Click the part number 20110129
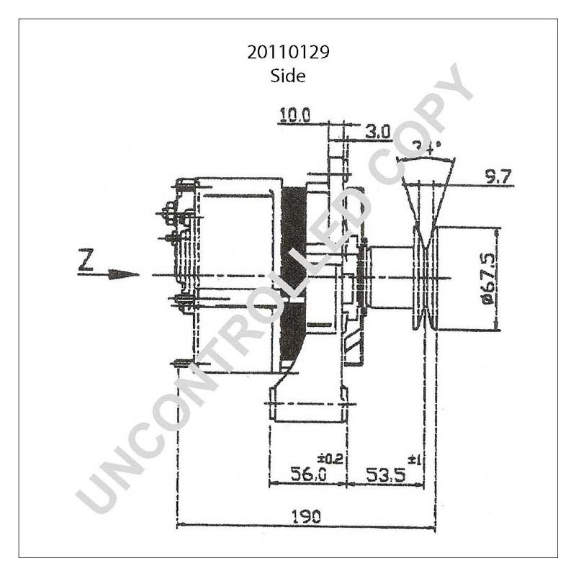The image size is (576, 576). pos(288,53)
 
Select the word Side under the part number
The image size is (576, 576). pos(288,75)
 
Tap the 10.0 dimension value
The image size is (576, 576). pos(295,115)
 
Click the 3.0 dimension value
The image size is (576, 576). pos(377,132)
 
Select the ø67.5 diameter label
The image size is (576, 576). pos(487,279)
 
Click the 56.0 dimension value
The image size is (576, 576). pos(307,474)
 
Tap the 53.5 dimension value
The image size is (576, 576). pos(385,474)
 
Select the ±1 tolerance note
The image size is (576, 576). pos(415,459)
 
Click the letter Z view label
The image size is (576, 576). pos(86,261)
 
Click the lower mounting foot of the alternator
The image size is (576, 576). pos(307,403)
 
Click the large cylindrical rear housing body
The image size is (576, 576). pos(234,274)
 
